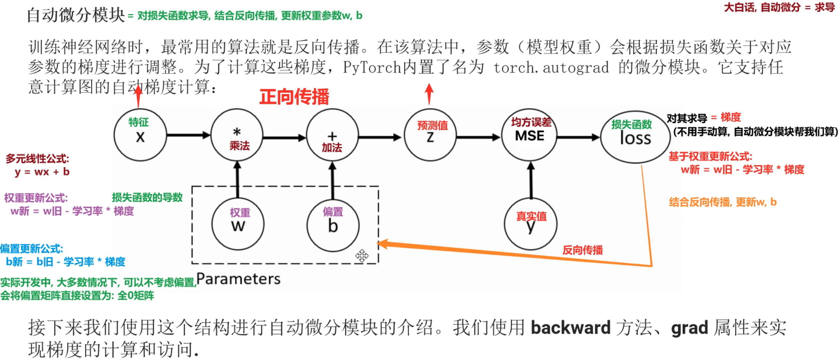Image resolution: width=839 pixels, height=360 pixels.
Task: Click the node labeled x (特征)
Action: [140, 135]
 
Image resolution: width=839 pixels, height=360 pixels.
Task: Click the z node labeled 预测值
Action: [430, 135]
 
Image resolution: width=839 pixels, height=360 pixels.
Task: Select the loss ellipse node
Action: [635, 137]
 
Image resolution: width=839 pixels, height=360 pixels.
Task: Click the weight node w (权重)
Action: [238, 224]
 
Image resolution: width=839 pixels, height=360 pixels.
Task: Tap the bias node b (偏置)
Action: [333, 225]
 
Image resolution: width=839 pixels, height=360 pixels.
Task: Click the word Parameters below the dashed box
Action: [238, 279]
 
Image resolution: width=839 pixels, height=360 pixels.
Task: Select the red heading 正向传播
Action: [294, 97]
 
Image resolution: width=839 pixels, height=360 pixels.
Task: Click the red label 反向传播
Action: [582, 250]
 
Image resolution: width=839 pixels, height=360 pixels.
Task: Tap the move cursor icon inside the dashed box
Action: [362, 256]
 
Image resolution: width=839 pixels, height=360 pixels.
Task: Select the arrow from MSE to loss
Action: [578, 137]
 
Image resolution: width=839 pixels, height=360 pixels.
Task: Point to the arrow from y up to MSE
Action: [531, 180]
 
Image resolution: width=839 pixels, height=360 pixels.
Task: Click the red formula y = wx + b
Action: [42, 172]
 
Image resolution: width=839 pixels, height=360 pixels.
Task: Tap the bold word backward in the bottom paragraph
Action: [570, 328]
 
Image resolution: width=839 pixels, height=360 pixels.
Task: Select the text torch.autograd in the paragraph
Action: [551, 67]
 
